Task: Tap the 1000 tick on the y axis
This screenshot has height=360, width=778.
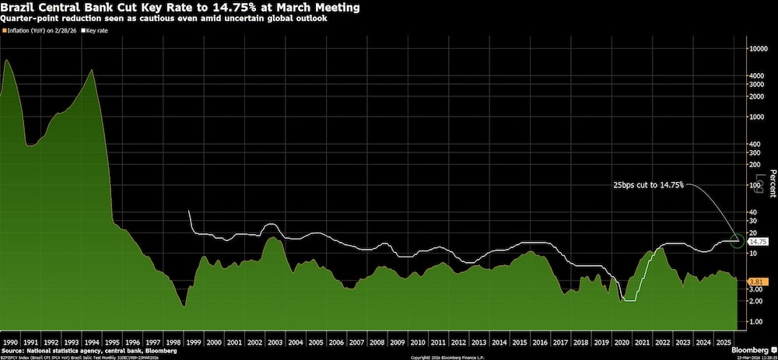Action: (757, 117)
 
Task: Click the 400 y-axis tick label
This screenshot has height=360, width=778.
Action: (755, 144)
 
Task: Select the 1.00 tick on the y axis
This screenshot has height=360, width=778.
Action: (755, 322)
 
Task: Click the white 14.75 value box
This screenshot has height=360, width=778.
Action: (757, 242)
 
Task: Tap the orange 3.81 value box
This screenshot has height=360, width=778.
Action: (756, 281)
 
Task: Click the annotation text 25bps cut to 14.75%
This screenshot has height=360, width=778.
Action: (647, 185)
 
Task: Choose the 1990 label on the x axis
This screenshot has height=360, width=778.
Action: (11, 342)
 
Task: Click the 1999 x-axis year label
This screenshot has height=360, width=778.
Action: (194, 342)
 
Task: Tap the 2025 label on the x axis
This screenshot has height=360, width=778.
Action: (723, 342)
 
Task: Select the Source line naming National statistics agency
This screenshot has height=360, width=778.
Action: (89, 351)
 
